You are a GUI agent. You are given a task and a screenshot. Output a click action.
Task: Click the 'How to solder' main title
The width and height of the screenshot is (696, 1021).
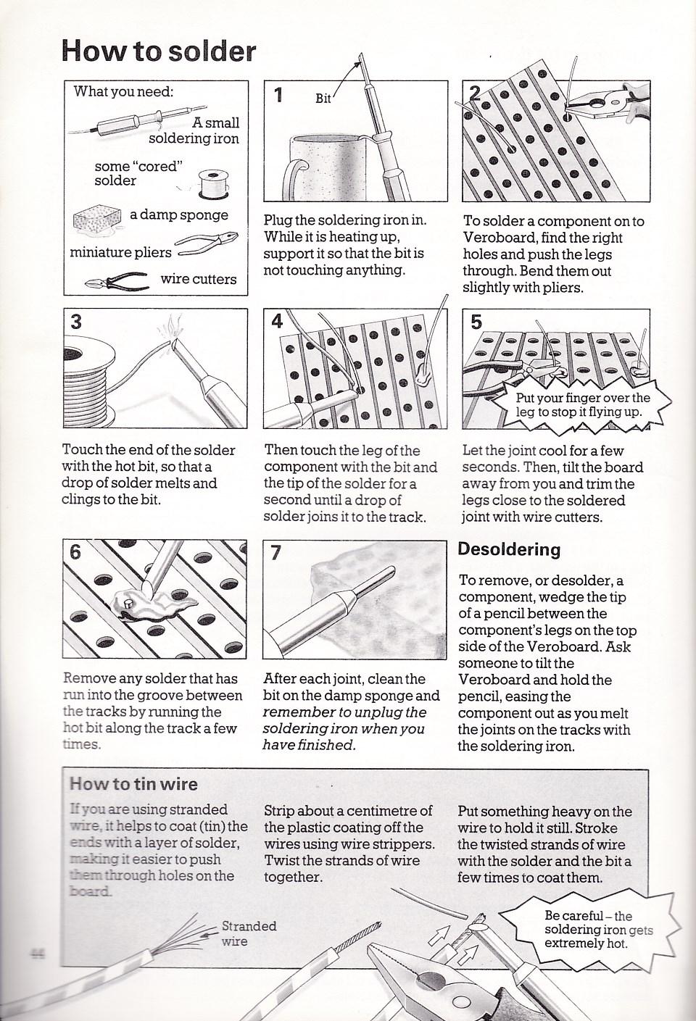click(x=159, y=51)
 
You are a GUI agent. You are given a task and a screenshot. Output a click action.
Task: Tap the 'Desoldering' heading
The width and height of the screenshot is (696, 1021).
click(x=509, y=550)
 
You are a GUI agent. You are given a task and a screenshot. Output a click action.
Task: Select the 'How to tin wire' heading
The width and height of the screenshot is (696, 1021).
click(x=133, y=784)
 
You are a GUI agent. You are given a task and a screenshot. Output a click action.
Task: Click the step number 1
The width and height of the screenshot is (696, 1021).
click(x=278, y=95)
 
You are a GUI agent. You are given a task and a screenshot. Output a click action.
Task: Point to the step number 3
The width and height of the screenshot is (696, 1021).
click(x=76, y=322)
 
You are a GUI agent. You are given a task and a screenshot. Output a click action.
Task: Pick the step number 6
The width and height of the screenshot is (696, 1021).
click(x=75, y=552)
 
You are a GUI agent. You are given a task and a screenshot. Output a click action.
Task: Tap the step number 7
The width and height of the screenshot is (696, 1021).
click(x=276, y=553)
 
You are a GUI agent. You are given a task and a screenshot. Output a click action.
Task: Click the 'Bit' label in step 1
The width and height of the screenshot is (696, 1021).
click(x=323, y=99)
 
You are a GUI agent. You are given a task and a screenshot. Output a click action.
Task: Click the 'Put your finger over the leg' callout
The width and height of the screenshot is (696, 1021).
click(x=580, y=405)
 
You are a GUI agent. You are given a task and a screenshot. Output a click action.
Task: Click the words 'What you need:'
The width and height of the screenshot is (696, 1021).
click(x=123, y=91)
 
